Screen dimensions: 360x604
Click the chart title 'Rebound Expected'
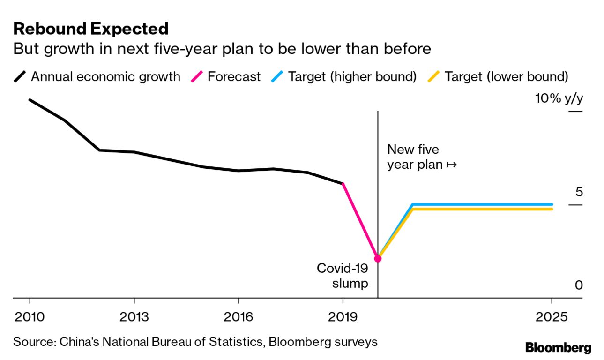[91, 29]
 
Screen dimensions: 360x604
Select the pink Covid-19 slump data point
[378, 258]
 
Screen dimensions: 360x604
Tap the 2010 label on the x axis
[30, 317]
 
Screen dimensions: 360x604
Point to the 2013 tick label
[134, 317]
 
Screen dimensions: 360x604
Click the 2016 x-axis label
[239, 317]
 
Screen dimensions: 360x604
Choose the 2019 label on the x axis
[343, 317]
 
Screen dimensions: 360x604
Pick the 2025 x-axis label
[552, 317]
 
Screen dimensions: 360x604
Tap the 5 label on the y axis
[579, 192]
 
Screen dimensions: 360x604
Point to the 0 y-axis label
[579, 285]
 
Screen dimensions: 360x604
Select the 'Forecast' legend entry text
[234, 77]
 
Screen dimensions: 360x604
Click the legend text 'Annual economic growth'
[105, 77]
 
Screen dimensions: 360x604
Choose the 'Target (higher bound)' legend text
[352, 77]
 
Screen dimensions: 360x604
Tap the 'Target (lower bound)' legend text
[506, 77]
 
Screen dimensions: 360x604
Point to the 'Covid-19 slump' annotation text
[343, 276]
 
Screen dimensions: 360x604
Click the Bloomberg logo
[558, 348]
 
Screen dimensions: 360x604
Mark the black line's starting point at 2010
[30, 100]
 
